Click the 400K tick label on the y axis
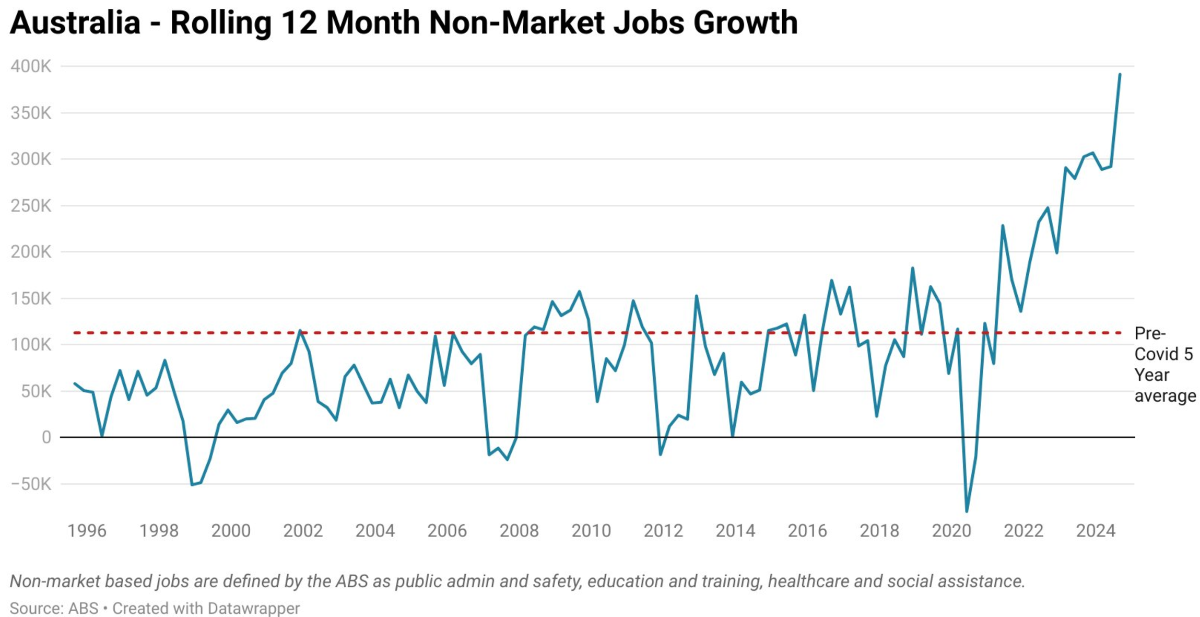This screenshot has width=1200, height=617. click(x=31, y=66)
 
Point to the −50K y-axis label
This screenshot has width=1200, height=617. click(x=31, y=484)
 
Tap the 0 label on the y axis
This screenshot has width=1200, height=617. click(x=46, y=437)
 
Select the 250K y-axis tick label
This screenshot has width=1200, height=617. click(x=31, y=206)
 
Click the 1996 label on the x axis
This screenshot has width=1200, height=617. click(x=87, y=531)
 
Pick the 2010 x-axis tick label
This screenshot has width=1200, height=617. click(x=591, y=531)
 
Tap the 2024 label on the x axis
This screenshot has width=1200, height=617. click(x=1096, y=531)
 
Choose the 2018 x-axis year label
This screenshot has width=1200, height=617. click(x=879, y=531)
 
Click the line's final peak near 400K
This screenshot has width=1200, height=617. click(x=1120, y=75)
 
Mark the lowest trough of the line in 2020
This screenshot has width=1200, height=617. click(x=967, y=511)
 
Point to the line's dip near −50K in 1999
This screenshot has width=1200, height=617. click(x=192, y=485)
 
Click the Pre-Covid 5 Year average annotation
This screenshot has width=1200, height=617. click(x=1164, y=365)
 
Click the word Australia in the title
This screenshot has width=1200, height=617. click(x=75, y=23)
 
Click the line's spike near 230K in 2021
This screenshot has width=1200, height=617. click(x=1003, y=226)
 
